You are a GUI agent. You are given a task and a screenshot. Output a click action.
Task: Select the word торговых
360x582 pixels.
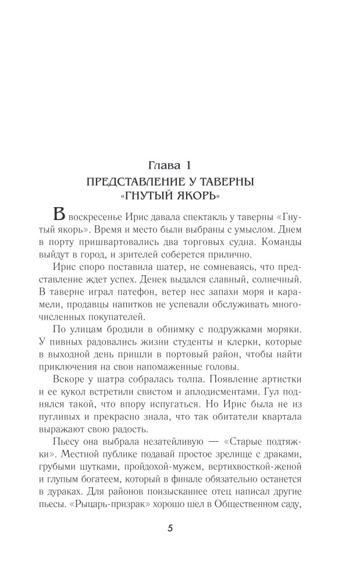pos(211,242)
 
